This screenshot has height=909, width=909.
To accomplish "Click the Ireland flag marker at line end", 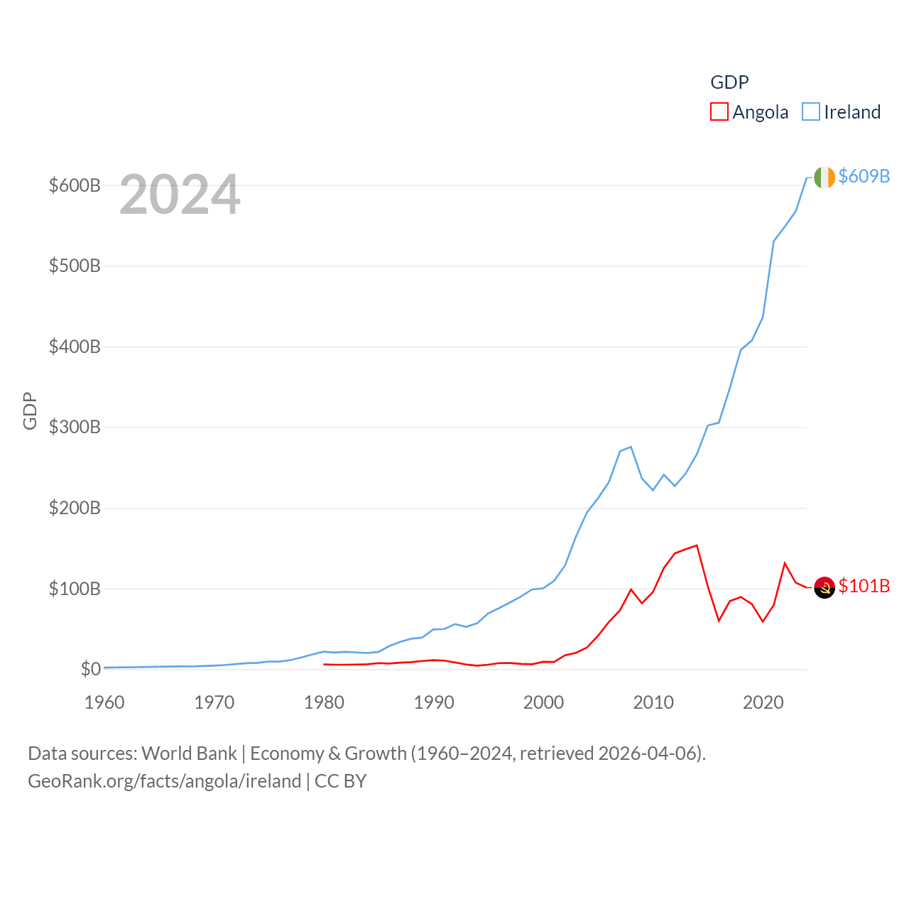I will (824, 178).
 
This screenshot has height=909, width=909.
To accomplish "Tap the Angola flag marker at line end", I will (824, 587).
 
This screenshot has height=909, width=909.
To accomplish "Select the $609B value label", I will (864, 176).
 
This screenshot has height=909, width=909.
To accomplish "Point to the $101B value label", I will (864, 586).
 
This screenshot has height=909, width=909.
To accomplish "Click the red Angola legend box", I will (719, 112).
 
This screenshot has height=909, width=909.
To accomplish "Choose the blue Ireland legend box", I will (810, 112).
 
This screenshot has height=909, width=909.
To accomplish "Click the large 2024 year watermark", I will (180, 195).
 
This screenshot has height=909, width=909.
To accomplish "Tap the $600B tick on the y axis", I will (75, 185).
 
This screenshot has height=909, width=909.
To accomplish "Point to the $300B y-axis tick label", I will (75, 428).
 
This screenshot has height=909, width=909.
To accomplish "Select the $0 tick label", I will (90, 669).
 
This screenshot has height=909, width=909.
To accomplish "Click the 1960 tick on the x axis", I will (104, 702).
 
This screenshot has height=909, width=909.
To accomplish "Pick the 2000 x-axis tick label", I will (543, 702).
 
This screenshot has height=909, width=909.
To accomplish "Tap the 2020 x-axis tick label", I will (763, 702).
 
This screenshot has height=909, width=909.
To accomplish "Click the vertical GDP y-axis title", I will (30, 410).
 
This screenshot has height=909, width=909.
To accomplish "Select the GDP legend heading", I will (729, 82).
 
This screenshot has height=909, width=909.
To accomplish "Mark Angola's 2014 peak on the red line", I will (697, 545).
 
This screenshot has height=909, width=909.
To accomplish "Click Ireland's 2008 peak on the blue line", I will (631, 447).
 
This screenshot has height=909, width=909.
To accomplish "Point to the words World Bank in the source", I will (189, 753).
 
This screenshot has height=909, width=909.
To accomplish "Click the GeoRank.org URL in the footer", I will (164, 781).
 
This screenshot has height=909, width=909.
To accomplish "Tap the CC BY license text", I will (340, 781).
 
